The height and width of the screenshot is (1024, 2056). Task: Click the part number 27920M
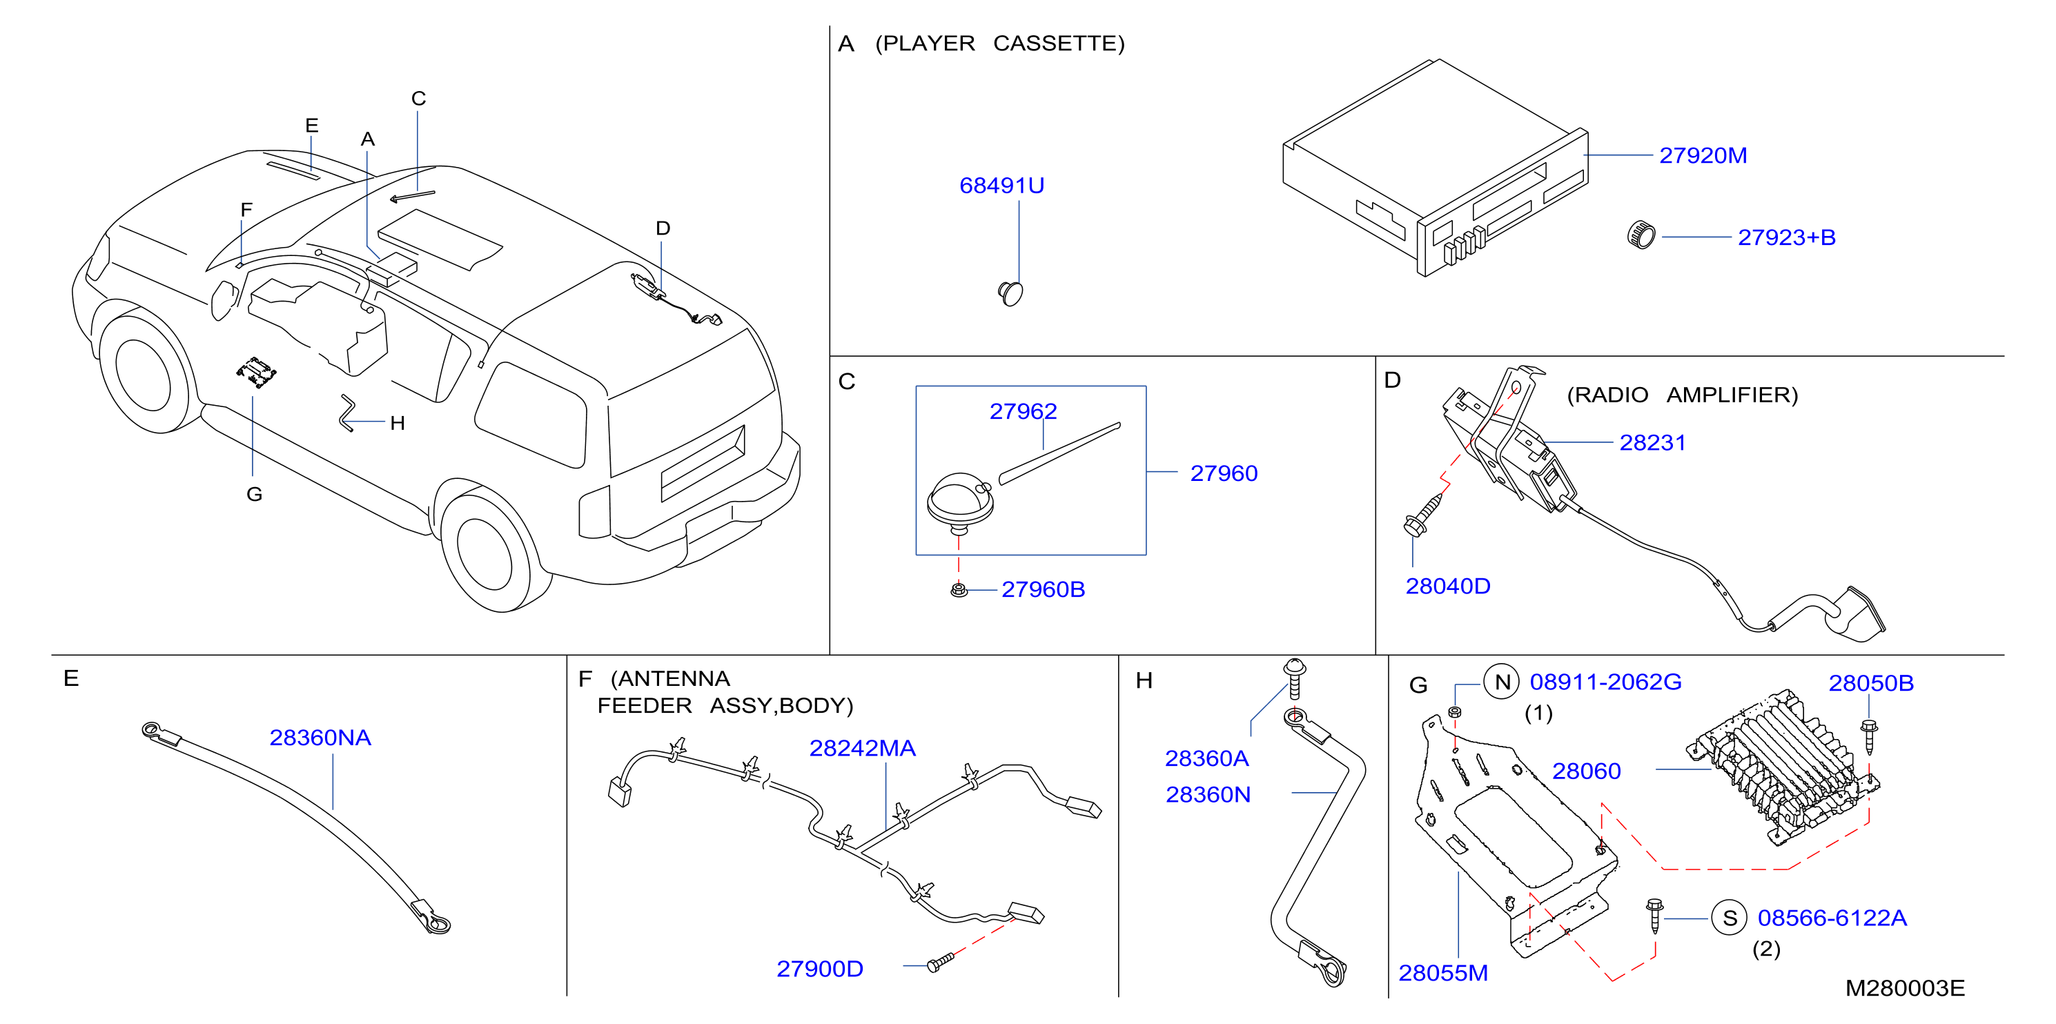pos(1703,156)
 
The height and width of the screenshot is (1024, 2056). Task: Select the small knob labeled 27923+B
pos(1641,235)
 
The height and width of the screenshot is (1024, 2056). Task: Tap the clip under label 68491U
pos(1010,293)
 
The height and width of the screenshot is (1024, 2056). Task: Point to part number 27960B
pos(1042,589)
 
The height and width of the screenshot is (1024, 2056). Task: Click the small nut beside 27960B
pos(959,590)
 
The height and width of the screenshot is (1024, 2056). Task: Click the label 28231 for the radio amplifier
pos(1652,442)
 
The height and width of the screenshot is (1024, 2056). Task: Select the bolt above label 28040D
pos(1423,514)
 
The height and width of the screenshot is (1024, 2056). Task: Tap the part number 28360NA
pos(320,738)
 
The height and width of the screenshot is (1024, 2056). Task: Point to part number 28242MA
pos(862,748)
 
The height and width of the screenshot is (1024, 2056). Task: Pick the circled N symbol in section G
pos(1502,682)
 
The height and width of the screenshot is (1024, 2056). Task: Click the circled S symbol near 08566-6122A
pos(1730,918)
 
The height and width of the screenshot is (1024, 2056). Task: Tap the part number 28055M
pos(1443,973)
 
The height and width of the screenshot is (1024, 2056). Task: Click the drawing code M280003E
pos(1904,988)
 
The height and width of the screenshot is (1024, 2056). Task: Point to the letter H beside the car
pos(398,423)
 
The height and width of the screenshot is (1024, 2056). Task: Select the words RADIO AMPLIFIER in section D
pos(1683,395)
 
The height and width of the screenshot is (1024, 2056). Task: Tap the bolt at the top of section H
pos(1294,678)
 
